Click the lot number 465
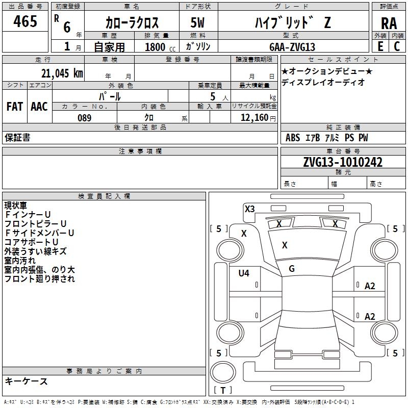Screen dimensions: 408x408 pos(25,21)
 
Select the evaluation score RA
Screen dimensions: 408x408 pos(389,23)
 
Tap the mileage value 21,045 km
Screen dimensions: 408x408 pos(62,73)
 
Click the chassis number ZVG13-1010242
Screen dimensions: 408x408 pos(343,162)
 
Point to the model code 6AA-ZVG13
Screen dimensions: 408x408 pos(292,47)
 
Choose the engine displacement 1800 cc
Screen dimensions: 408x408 pos(160,47)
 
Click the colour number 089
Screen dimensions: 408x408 pos(84,118)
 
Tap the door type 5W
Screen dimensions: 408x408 pos(197,22)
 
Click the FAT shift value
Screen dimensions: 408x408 pos(15,107)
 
